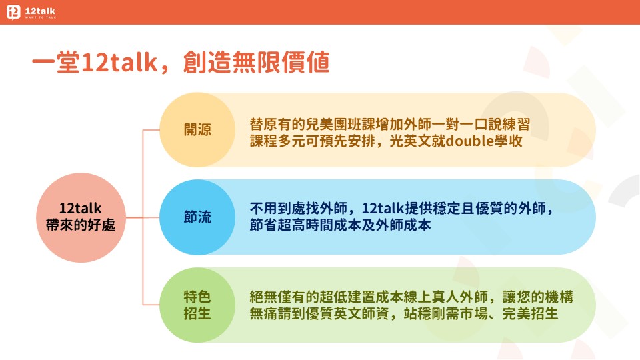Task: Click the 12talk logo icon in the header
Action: coord(13,12)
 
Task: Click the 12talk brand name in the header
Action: coord(40,11)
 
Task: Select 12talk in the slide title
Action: coord(119,63)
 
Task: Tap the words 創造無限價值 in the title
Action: coord(256,63)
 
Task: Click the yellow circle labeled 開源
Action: coord(197,130)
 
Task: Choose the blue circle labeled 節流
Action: coord(197,217)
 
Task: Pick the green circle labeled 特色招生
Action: coord(197,305)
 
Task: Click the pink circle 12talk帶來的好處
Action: coord(81,217)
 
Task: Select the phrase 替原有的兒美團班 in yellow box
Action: coord(305,124)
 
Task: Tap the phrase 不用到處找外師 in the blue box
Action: coord(299,209)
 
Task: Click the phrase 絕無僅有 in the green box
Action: coord(277,297)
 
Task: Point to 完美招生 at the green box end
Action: coord(530,313)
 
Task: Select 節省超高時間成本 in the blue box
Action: coord(305,225)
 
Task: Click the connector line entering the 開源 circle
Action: coord(151,130)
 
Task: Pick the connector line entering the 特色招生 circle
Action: coord(151,305)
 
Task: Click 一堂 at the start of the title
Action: coord(56,63)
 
